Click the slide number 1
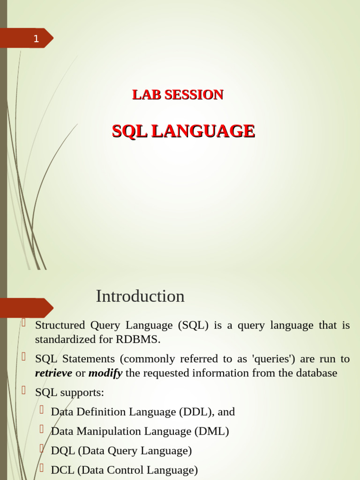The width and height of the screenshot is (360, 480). tap(36, 39)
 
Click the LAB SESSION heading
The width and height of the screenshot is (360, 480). tap(178, 95)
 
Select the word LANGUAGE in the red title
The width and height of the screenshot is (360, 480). tap(203, 131)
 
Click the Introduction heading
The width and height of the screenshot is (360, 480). tap(140, 296)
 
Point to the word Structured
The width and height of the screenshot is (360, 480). tap(60, 325)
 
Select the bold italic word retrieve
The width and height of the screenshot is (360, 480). tap(53, 373)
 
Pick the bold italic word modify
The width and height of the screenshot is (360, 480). tap(105, 373)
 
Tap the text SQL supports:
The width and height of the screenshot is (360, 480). tap(69, 392)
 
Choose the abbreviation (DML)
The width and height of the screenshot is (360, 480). tap(212, 431)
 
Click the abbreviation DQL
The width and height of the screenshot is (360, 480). tap(62, 451)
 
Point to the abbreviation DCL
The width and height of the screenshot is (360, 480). tap(62, 470)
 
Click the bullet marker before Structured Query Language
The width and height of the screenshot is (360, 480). tap(23, 322)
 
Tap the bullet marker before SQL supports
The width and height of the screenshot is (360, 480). tap(23, 389)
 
